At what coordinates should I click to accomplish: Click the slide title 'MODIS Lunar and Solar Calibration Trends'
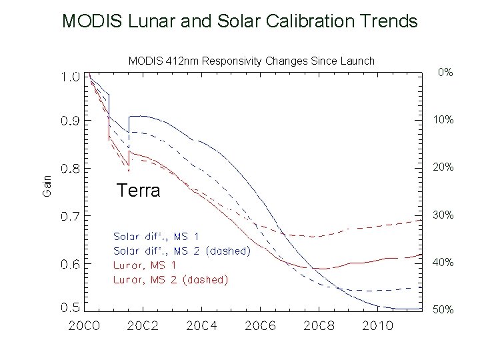pos(239,21)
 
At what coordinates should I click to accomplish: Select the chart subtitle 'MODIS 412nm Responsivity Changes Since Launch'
pos(251,61)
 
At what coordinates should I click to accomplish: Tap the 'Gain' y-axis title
pos(47,185)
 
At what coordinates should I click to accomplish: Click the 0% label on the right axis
pos(445,72)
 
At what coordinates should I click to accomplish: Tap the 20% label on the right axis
pos(442,167)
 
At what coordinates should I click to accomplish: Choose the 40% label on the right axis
pos(442,263)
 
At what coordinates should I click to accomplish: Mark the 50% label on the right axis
pos(442,311)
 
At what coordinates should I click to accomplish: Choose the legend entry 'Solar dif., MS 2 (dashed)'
pos(182,251)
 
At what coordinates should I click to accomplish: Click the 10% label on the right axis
pos(442,120)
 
